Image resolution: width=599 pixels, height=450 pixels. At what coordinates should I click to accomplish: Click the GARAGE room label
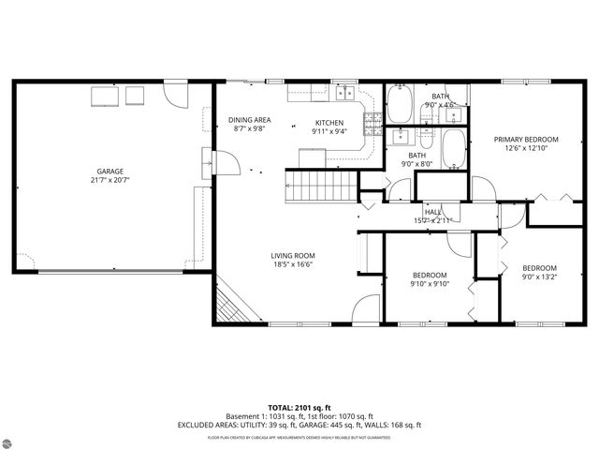coord(110,172)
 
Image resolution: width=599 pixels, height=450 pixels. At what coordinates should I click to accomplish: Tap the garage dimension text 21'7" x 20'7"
coord(110,180)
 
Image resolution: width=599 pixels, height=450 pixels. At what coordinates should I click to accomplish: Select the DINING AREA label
coord(250,120)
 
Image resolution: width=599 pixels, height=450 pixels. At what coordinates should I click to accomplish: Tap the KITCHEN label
coord(329,123)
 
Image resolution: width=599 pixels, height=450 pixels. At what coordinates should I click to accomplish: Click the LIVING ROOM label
coord(293,256)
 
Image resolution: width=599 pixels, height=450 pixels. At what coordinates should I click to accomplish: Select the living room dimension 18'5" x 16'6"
coord(293,264)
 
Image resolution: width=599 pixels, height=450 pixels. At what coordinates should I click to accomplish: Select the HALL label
coord(433,213)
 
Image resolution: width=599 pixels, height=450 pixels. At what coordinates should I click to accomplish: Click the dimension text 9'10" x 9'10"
coord(431,283)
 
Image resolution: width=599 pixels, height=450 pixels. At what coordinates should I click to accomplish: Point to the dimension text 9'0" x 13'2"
coord(539,277)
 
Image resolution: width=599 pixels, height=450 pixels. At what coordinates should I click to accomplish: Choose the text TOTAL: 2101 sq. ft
coord(299,408)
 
